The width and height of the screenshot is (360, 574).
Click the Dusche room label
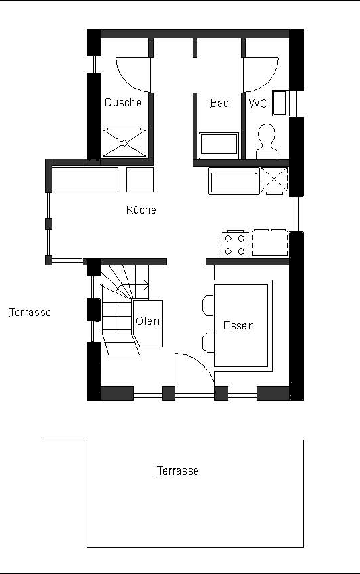(123, 102)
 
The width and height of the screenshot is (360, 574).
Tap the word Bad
(220, 104)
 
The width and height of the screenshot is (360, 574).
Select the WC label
(258, 104)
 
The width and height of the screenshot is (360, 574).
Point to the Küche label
(141, 210)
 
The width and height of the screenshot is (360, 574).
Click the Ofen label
(148, 321)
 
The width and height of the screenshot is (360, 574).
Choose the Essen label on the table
(238, 325)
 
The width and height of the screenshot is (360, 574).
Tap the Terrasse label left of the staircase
(30, 313)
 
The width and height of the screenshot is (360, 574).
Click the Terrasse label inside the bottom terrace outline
(178, 470)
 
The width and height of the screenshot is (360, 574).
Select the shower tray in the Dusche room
(124, 143)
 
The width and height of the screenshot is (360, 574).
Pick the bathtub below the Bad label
(219, 145)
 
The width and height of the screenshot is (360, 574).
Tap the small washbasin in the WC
(281, 103)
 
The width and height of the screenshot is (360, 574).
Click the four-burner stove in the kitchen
(235, 244)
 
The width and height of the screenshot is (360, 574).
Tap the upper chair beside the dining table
(208, 305)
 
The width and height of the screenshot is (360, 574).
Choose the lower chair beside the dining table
(208, 343)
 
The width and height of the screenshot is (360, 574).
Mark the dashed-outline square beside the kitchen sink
(275, 181)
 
